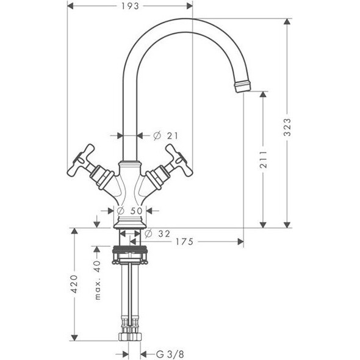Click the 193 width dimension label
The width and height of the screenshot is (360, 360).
(x=130, y=6)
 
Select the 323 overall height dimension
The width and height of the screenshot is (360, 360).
(x=287, y=127)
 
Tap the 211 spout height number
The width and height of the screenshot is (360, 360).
(x=264, y=160)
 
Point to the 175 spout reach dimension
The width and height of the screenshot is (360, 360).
(x=185, y=242)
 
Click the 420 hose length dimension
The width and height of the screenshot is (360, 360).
(x=74, y=284)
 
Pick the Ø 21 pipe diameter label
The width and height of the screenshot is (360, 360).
(x=165, y=136)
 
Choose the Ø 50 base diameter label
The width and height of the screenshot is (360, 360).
(x=130, y=211)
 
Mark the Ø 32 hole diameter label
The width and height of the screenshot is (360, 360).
(x=157, y=234)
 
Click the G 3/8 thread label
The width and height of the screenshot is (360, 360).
(x=170, y=355)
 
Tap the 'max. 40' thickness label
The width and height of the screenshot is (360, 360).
(x=98, y=280)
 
